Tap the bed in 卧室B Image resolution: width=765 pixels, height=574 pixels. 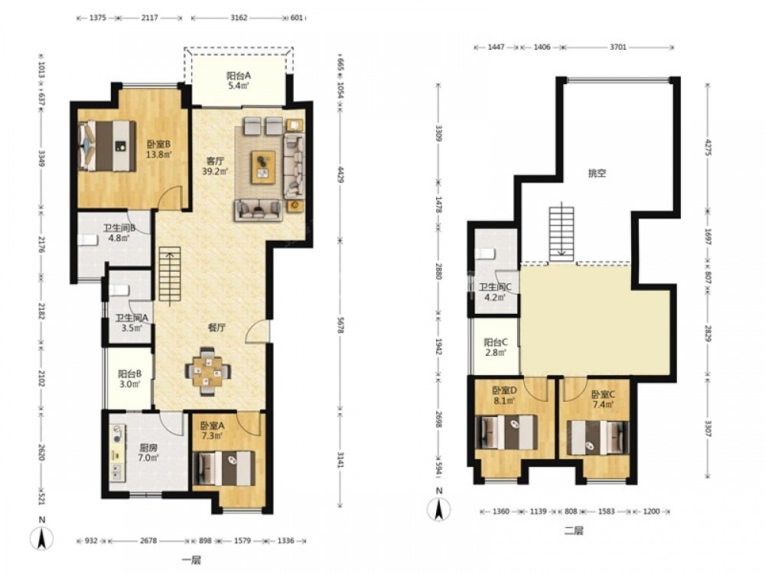pyautogui.click(x=107, y=146)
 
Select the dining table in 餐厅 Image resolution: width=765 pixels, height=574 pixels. pyautogui.click(x=208, y=372)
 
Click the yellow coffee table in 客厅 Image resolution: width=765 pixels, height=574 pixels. pyautogui.click(x=263, y=167)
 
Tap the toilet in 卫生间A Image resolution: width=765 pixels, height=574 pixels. pyautogui.click(x=119, y=290)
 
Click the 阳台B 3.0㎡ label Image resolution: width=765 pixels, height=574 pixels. pyautogui.click(x=130, y=379)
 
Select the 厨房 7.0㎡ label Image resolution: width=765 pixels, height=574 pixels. pyautogui.click(x=148, y=452)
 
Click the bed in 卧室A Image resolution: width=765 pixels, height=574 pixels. pyautogui.click(x=224, y=468)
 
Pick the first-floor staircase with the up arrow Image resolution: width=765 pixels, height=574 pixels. pyautogui.click(x=169, y=277)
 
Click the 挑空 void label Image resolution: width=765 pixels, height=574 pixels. pyautogui.click(x=597, y=173)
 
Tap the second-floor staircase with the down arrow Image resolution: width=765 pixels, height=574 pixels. pyautogui.click(x=562, y=232)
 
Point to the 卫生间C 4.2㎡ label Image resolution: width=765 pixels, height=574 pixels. pyautogui.click(x=495, y=292)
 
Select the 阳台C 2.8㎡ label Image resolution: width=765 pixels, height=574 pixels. pyautogui.click(x=495, y=347)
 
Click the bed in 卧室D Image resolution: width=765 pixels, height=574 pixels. pyautogui.click(x=506, y=432)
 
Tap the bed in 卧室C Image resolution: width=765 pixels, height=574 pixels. pyautogui.click(x=598, y=438)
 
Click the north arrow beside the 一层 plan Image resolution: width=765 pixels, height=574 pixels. pyautogui.click(x=42, y=538)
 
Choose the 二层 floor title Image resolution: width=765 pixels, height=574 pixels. pyautogui.click(x=574, y=530)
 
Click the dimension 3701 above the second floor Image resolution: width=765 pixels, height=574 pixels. pyautogui.click(x=617, y=47)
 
